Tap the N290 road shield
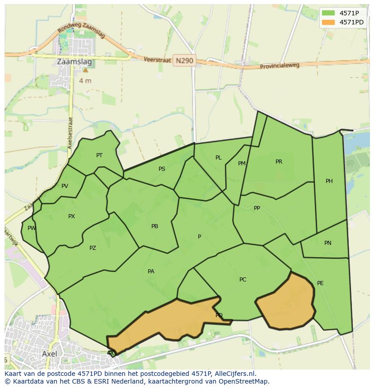tap(184, 61)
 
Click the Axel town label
tap(50, 354)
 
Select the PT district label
tap(99, 155)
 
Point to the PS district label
tap(162, 169)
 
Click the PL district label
tap(219, 158)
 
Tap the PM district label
tap(242, 164)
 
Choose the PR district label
tap(279, 162)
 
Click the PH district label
tap(329, 181)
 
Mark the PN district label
tap(328, 243)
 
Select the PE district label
tap(320, 283)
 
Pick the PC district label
tap(243, 280)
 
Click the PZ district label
tap(93, 248)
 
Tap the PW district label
tap(31, 228)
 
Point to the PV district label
tap(65, 186)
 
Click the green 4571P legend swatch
tap(328, 13)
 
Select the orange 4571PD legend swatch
tap(328, 22)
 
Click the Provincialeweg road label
tap(280, 66)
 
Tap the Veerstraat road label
tap(158, 60)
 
